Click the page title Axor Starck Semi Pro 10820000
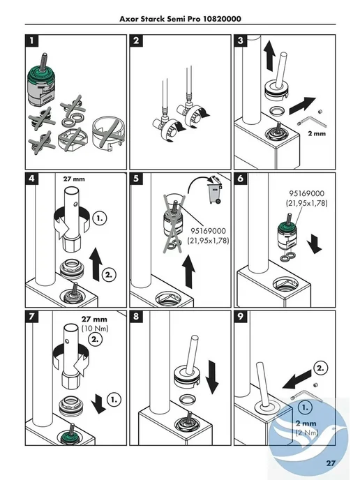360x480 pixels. coord(180,19)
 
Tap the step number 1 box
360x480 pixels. coord(32,40)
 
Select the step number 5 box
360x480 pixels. coord(136,179)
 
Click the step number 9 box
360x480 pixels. coord(240,317)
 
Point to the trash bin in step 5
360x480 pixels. coord(215,190)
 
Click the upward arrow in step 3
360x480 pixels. coord(270,57)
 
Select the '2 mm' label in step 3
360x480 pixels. coord(317,133)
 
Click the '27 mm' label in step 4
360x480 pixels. coord(74,179)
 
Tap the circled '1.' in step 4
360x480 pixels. coord(100,218)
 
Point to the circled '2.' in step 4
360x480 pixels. coord(109,275)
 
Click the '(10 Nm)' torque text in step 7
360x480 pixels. coord(95,329)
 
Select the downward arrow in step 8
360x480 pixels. coord(212,377)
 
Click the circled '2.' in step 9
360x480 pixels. coord(320,368)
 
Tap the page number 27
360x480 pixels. coord(331,463)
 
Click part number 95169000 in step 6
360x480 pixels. coord(306,193)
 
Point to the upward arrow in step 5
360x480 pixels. coord(188,271)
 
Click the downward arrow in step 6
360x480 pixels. coord(315,243)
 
